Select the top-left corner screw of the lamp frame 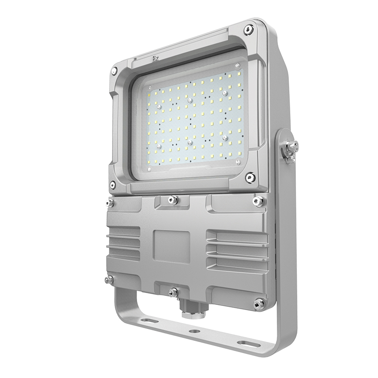(x=114, y=71)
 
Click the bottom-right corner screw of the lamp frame (x=250, y=177)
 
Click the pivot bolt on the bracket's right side (x=290, y=147)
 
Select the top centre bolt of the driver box (x=173, y=200)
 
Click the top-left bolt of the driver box (x=110, y=203)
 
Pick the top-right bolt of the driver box (x=258, y=201)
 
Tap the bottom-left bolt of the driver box (x=109, y=280)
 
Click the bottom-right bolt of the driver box (x=258, y=304)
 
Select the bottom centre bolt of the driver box (x=174, y=292)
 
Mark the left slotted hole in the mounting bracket (x=150, y=321)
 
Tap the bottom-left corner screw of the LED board (x=149, y=169)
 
